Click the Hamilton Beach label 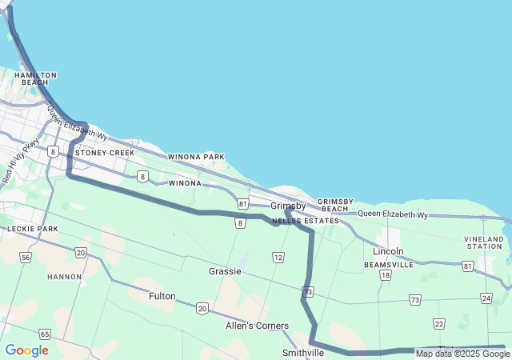35,78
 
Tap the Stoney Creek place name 105,152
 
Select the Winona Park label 196,157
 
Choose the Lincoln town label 389,251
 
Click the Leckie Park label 33,229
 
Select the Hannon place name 65,277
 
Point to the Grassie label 225,271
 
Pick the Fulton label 162,296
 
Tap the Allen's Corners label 257,326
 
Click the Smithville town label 303,353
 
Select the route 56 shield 26,257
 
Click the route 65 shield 45,334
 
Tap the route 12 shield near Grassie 278,257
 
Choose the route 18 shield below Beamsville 386,275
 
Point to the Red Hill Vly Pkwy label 21,160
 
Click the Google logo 26,350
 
